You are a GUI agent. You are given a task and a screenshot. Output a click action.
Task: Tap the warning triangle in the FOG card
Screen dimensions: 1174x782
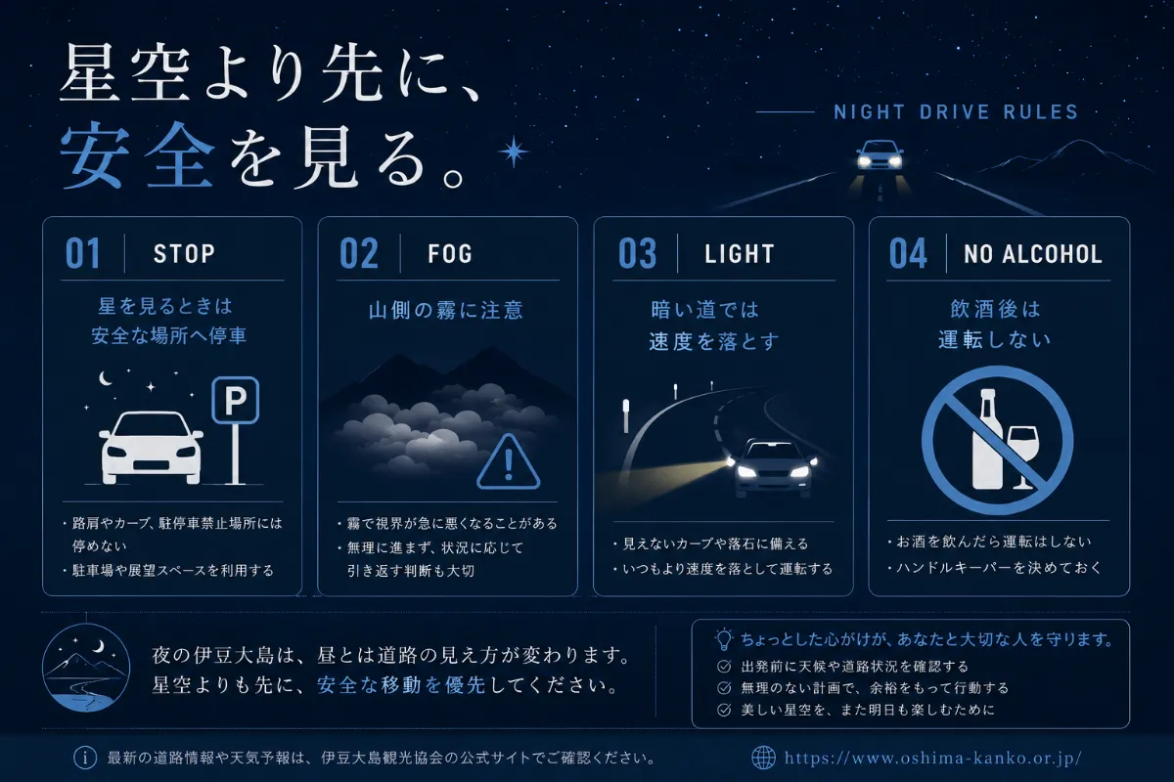[509, 462]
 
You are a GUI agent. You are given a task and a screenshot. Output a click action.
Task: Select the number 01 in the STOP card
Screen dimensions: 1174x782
[83, 253]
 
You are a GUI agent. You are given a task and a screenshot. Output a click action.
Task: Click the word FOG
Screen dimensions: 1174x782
[450, 254]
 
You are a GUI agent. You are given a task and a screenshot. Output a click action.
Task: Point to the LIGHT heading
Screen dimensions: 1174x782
[739, 254]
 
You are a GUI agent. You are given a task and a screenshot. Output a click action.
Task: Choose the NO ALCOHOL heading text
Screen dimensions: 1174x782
[1033, 254]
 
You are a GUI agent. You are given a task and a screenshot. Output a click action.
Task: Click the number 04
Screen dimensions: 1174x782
[908, 253]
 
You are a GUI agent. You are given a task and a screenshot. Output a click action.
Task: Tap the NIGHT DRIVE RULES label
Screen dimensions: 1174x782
[956, 112]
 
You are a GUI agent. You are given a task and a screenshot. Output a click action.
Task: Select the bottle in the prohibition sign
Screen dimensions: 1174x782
[988, 440]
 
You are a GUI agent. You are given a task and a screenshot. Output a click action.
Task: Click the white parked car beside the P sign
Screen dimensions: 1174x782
[152, 448]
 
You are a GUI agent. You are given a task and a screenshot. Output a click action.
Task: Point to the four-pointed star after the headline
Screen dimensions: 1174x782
[513, 152]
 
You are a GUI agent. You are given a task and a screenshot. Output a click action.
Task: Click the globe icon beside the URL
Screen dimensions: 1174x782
[764, 758]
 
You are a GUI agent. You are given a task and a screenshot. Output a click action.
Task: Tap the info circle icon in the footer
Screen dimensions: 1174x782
[85, 758]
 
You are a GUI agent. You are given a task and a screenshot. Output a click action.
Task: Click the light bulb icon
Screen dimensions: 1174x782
[724, 639]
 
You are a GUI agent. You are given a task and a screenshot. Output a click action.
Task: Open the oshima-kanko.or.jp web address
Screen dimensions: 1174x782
[933, 758]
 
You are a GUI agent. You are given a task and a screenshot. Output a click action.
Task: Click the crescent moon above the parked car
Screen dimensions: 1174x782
[106, 378]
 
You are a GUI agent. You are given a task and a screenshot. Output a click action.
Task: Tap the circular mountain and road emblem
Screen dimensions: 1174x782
[86, 668]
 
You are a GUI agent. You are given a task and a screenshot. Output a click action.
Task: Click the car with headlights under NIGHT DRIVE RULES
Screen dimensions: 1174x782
[880, 154]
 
